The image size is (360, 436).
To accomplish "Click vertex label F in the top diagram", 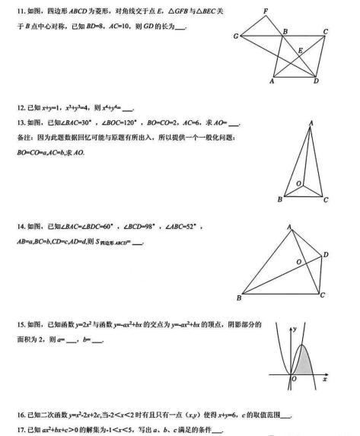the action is (265, 11).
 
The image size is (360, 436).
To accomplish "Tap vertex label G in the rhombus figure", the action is (236, 37).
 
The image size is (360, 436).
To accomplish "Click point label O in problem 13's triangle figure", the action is (298, 183).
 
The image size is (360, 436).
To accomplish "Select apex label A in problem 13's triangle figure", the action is (311, 123).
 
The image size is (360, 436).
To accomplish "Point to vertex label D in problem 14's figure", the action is (326, 253).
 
